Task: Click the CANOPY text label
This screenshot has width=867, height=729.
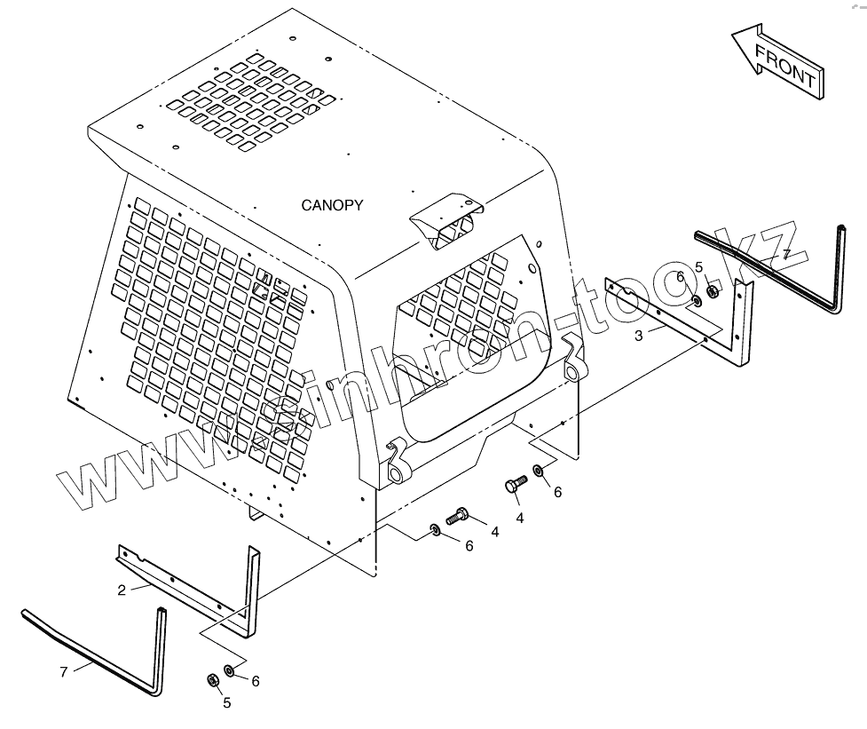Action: (x=332, y=205)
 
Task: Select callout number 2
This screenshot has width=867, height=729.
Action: (x=122, y=588)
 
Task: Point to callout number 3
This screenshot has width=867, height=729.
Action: (x=639, y=335)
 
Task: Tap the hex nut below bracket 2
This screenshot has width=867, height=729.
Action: (x=212, y=680)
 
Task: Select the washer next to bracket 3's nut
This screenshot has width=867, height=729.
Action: (x=696, y=300)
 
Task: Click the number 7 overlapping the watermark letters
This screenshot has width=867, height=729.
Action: (x=784, y=255)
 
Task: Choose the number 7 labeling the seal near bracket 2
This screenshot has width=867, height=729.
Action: (x=63, y=672)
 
